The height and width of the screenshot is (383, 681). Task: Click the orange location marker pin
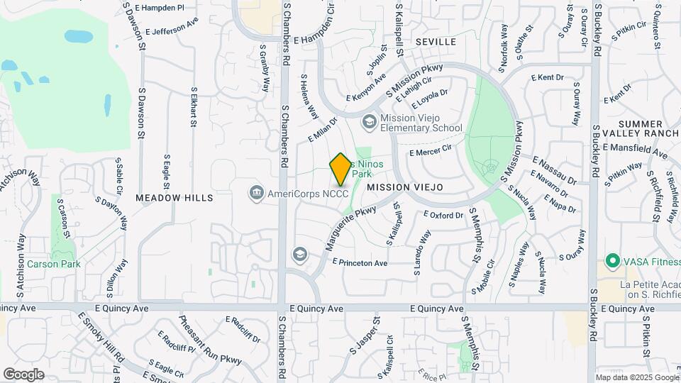[340, 170]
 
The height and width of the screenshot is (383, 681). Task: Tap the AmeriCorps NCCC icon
[255, 192]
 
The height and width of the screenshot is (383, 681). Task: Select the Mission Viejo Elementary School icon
[368, 122]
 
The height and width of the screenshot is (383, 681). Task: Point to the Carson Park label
[54, 264]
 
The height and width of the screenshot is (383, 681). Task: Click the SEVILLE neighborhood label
[436, 42]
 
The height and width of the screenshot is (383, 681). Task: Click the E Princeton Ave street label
[359, 263]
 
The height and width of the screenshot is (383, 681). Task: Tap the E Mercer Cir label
[431, 152]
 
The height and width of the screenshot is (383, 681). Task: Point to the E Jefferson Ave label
[172, 28]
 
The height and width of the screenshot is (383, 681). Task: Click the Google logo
[23, 374]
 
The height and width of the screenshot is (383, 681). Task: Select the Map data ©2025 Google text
[637, 377]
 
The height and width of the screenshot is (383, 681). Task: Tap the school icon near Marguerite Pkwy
[299, 254]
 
